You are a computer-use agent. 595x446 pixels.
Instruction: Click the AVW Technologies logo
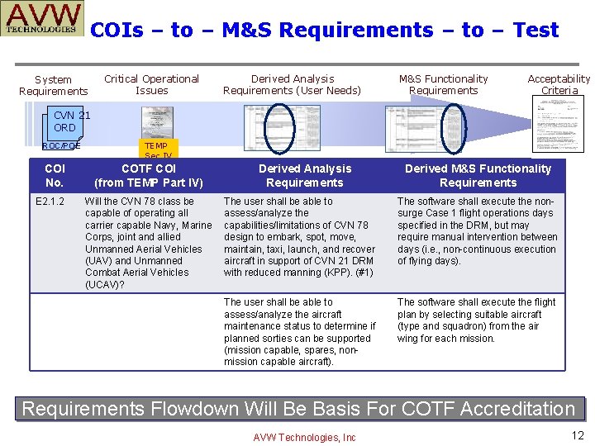click(x=45, y=20)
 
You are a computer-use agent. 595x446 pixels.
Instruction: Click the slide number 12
click(x=577, y=435)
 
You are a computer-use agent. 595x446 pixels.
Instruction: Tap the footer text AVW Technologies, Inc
click(x=304, y=437)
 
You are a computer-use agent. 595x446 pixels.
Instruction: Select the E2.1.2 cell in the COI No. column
click(x=51, y=202)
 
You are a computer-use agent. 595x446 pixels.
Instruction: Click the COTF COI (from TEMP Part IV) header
click(x=149, y=175)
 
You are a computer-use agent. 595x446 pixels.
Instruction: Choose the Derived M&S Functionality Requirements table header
click(x=478, y=175)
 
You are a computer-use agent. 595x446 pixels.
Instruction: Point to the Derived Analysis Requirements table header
click(x=304, y=175)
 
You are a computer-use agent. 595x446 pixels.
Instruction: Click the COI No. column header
click(x=54, y=175)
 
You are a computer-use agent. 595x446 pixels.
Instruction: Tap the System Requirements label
click(x=53, y=85)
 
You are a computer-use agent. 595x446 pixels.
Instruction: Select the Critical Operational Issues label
click(x=151, y=84)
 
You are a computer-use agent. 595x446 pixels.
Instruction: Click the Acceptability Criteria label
click(x=559, y=84)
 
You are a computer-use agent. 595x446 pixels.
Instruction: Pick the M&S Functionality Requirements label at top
click(x=443, y=84)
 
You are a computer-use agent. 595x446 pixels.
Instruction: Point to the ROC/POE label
click(x=61, y=146)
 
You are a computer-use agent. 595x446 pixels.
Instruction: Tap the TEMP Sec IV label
click(x=156, y=150)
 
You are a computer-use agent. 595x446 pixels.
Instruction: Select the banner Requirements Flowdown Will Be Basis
click(x=297, y=409)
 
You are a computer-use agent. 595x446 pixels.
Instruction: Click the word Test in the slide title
click(x=535, y=31)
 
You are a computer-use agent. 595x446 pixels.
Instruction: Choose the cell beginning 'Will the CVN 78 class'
click(x=148, y=243)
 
